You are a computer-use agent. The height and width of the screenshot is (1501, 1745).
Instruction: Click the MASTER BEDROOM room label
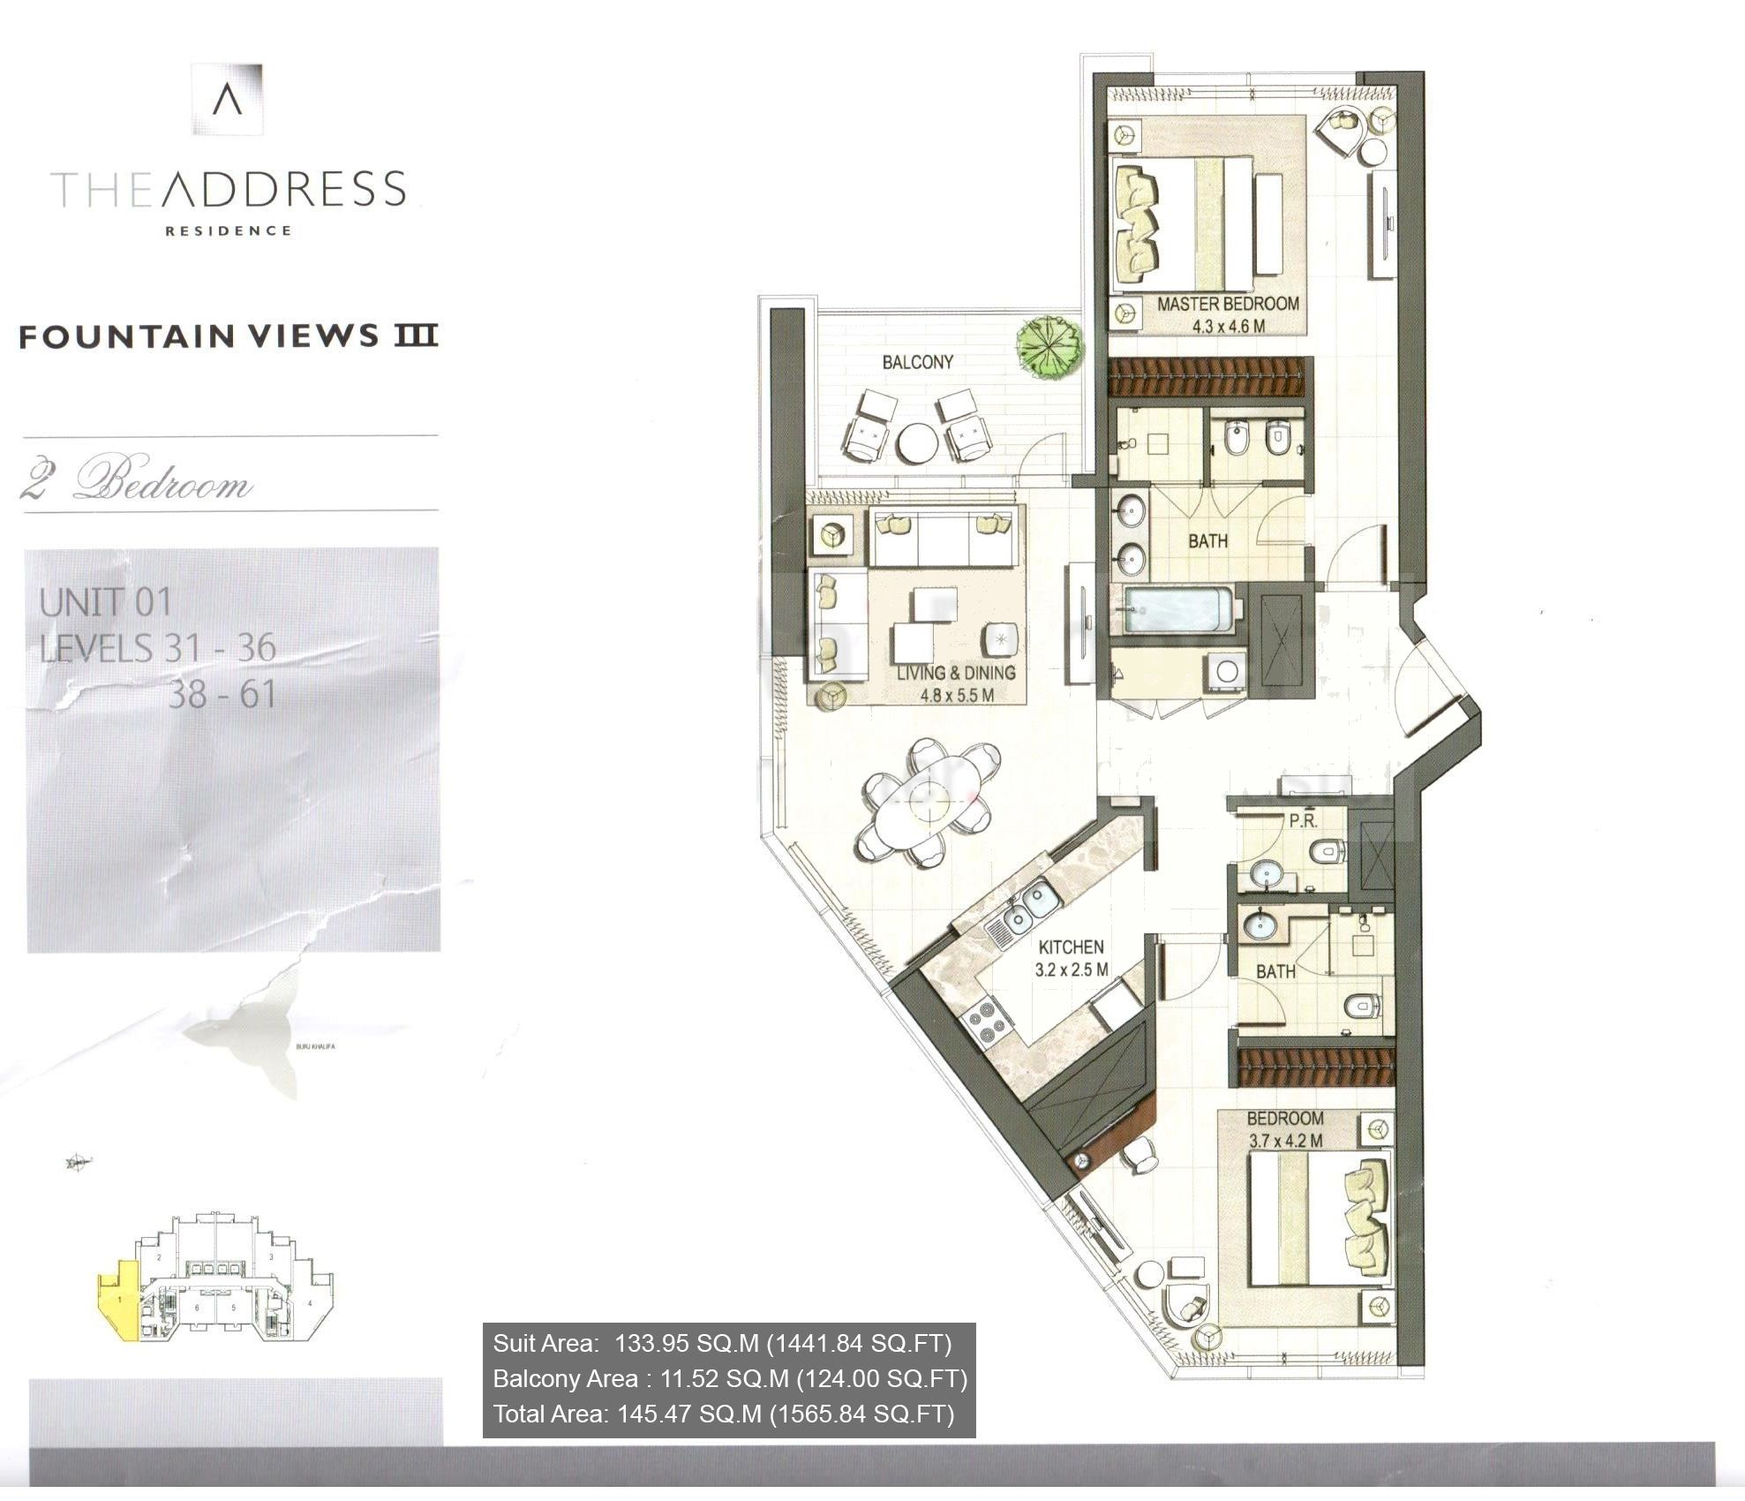1227,304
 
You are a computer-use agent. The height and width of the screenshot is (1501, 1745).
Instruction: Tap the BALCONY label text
917,362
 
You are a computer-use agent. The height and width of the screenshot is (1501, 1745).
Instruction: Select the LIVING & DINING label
956,673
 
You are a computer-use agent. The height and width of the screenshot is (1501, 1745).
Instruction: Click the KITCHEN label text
1071,947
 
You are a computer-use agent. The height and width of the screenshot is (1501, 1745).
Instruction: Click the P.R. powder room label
1303,820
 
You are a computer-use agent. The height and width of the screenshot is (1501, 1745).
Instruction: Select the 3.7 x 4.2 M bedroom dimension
1285,1140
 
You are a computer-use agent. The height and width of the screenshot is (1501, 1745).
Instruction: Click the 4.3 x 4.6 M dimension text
1228,326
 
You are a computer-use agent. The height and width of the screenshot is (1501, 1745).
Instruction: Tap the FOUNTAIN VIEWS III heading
229,336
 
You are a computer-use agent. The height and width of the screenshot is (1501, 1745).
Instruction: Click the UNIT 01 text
105,603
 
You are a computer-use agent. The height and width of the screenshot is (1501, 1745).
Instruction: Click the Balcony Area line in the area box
729,1378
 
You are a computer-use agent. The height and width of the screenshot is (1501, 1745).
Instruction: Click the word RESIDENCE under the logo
228,231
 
